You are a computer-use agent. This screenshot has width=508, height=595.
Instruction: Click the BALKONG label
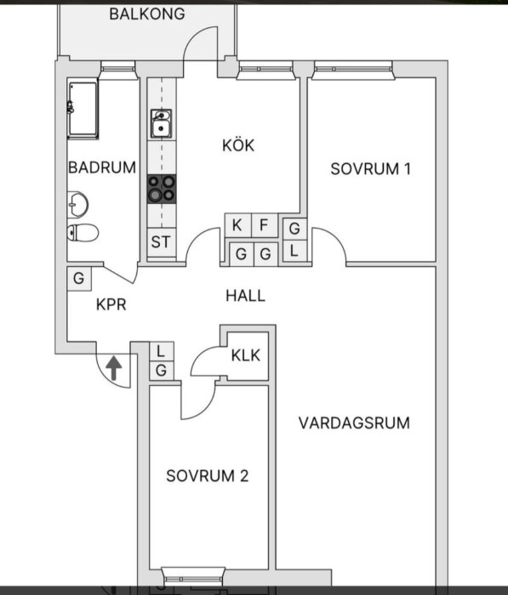pos(146,14)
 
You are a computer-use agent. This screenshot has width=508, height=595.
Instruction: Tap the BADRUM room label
pos(102,167)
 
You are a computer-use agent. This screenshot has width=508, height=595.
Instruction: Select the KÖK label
pos(237,145)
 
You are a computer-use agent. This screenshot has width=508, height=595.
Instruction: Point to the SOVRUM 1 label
pos(370,168)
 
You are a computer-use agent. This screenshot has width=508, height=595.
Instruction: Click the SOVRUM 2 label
pos(208,475)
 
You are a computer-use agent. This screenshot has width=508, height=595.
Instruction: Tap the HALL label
pos(245,296)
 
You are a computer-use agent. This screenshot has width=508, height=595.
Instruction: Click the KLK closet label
pos(247,355)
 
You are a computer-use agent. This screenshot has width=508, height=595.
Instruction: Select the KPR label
pos(111,303)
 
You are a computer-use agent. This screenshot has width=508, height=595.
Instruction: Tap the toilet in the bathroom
pos(82,232)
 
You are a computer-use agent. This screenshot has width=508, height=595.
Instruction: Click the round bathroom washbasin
pos(78,204)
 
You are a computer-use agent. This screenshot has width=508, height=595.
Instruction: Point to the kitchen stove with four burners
pos(161,188)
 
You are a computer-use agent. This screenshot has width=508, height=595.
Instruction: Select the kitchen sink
pos(161,124)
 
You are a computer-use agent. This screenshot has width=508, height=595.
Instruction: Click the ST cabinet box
pos(161,241)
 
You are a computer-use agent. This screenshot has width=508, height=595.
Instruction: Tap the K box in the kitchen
pos(237,226)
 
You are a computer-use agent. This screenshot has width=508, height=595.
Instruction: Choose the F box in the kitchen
pos(264,226)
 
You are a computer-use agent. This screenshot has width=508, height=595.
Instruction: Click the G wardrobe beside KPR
pos(78,278)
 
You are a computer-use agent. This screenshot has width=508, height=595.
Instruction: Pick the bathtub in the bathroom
pos(83,108)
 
